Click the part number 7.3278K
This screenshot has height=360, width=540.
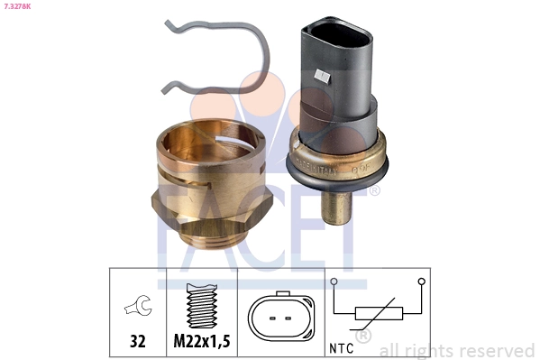[20, 6]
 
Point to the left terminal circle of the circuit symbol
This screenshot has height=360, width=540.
[334, 282]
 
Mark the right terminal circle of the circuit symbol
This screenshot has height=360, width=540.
[421, 282]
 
